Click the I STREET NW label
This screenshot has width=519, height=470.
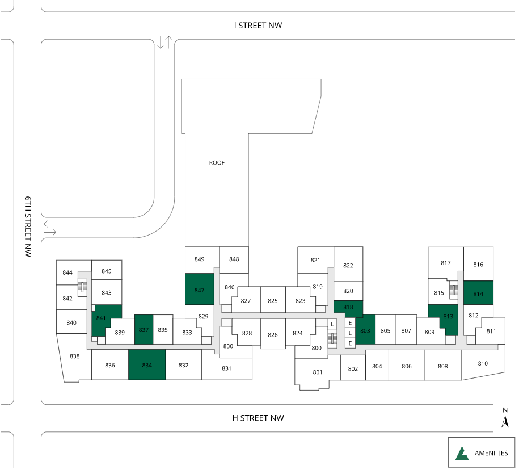[x=258, y=26]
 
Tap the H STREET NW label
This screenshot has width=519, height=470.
[x=258, y=418]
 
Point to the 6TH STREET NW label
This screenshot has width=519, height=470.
[x=28, y=226]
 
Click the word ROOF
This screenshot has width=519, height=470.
[x=217, y=163]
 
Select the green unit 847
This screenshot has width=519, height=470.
[x=200, y=289]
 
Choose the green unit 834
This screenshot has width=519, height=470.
[x=147, y=364]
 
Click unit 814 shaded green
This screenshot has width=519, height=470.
[x=478, y=293]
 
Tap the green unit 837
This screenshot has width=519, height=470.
[x=144, y=330]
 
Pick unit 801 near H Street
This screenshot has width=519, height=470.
[x=317, y=372]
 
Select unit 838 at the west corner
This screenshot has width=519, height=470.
[x=75, y=358]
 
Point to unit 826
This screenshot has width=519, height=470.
[x=273, y=334]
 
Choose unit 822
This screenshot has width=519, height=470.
[x=348, y=264]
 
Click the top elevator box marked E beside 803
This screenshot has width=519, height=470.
[x=350, y=323]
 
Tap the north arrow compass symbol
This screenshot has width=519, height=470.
[x=505, y=418]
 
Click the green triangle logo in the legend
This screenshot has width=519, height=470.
[x=462, y=453]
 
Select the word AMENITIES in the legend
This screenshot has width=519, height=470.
[x=491, y=453]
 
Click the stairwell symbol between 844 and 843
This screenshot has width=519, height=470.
[x=82, y=287]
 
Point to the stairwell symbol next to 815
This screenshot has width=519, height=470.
[x=454, y=290]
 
